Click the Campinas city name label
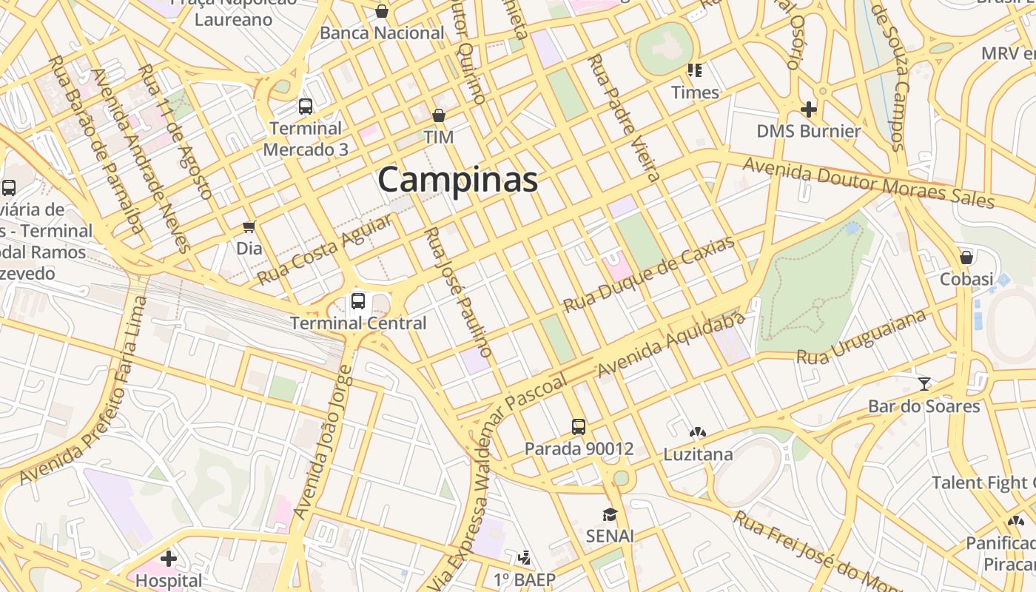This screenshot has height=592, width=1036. (458, 180)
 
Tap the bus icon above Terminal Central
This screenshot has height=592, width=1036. (358, 300)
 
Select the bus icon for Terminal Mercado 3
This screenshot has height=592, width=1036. (306, 106)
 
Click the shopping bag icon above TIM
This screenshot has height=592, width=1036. (439, 115)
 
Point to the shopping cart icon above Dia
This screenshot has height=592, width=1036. (249, 226)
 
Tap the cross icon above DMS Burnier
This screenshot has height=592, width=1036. (809, 110)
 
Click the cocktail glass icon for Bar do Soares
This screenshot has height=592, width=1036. (924, 383)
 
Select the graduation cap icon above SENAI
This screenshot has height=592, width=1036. (610, 514)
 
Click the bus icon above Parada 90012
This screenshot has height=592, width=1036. (579, 426)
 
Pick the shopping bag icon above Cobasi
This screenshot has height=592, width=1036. (966, 258)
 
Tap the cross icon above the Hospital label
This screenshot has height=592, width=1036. (169, 558)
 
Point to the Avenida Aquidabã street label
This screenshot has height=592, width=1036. (670, 346)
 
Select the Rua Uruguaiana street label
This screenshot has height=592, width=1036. (861, 337)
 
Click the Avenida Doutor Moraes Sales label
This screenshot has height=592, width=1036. (868, 182)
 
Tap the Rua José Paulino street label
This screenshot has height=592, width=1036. (457, 292)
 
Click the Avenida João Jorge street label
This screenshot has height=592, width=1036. (324, 443)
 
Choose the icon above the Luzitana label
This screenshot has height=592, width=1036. (697, 432)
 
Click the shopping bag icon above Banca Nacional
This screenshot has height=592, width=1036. (382, 11)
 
